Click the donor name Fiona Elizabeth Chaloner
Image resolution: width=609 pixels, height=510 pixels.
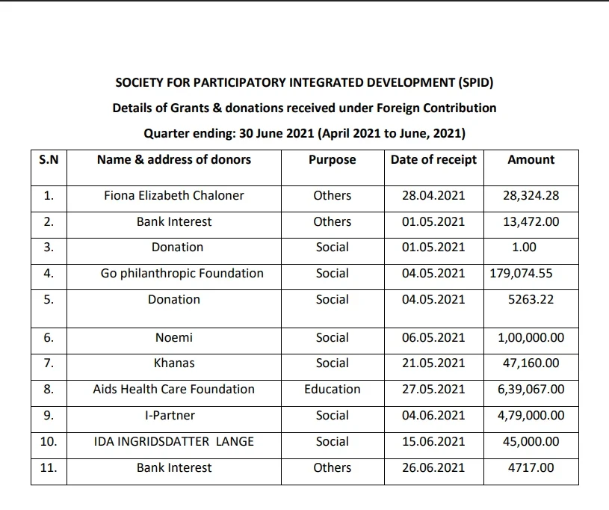click(174, 196)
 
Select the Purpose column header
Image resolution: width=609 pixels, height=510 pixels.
click(332, 159)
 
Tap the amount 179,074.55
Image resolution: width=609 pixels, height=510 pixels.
click(521, 274)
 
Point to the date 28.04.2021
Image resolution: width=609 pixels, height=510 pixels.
click(433, 196)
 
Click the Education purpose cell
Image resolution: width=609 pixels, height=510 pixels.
click(332, 390)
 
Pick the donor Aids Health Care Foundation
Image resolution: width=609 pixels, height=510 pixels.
click(174, 390)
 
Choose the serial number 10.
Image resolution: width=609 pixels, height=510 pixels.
click(49, 442)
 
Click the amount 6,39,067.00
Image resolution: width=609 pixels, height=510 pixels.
click(531, 390)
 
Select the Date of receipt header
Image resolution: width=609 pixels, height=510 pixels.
click(433, 159)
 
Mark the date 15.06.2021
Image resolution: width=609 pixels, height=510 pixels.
click(433, 442)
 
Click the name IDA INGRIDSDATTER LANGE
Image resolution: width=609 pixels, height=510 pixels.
click(174, 442)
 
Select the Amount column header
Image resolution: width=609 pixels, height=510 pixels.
click(531, 159)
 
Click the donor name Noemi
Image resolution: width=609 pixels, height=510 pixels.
click(174, 338)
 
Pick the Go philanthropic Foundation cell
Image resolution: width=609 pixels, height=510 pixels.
click(182, 274)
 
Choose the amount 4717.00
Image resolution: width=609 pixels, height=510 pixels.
click(531, 468)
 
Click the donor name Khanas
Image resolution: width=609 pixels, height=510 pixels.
click(174, 363)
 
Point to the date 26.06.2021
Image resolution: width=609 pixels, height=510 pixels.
click(433, 468)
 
